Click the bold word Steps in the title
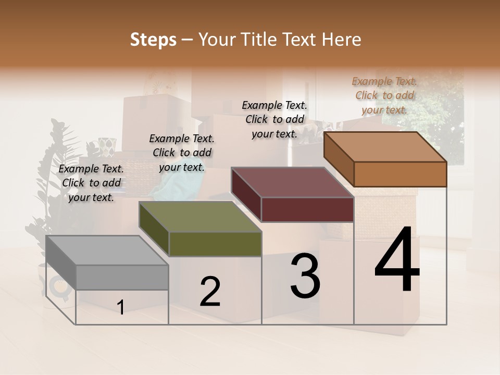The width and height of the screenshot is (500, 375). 153,40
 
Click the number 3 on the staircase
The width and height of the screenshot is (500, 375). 305,276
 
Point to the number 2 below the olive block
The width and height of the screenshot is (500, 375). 210,292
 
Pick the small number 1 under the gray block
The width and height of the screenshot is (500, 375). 120,308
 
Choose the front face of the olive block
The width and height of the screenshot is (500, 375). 215,244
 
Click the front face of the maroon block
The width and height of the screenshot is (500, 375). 307,209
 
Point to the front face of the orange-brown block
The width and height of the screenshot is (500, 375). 400,174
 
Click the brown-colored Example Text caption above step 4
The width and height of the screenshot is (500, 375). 384,95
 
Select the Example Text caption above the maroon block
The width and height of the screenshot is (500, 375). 274,119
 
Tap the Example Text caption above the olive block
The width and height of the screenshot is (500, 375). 182,153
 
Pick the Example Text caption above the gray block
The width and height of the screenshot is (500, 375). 91,183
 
